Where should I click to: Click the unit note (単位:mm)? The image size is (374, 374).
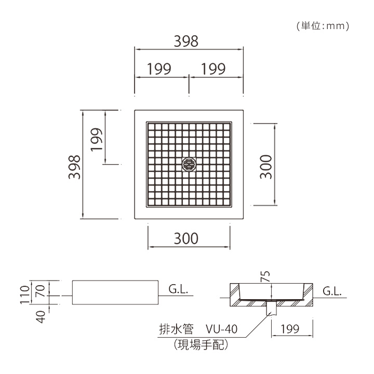point(323,26)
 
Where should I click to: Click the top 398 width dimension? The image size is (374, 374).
point(186,41)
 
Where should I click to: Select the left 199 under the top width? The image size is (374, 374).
point(159,69)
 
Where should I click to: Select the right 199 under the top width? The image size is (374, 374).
point(213,69)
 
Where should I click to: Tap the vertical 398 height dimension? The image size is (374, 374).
point(74,167)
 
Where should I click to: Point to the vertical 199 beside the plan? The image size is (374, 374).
point(97,140)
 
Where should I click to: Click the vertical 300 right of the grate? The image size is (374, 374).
point(266,167)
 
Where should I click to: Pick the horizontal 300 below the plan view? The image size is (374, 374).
point(186,238)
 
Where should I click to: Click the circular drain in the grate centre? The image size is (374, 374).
point(189,164)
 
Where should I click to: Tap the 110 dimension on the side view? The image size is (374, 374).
point(24,295)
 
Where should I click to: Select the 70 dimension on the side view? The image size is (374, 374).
point(41,291)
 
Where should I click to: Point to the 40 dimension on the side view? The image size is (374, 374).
point(42,317)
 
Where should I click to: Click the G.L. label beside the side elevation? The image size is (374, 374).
point(178,289)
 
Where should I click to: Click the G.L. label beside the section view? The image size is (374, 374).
point(332,291)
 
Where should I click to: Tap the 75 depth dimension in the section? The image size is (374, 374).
point(265,276)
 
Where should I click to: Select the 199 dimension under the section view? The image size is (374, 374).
point(290,329)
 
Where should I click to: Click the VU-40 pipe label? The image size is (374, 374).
point(222,329)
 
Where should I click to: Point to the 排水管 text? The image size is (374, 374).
point(176,329)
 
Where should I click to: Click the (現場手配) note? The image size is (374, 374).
point(201,345)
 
